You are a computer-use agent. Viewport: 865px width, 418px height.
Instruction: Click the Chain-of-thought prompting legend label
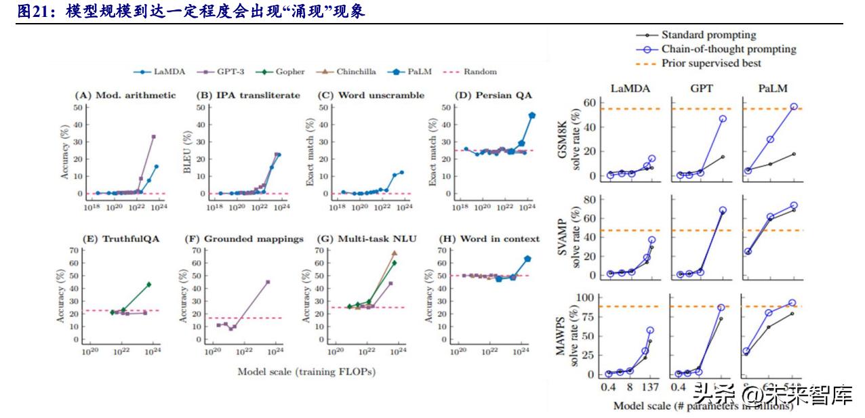pos(729,49)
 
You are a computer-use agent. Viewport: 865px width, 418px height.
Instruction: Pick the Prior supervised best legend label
pos(711,63)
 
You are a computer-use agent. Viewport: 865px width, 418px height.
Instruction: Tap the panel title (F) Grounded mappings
pos(243,238)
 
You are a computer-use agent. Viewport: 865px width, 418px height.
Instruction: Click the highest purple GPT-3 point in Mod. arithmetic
pos(153,137)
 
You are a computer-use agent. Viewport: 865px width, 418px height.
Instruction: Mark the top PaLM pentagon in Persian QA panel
pos(532,116)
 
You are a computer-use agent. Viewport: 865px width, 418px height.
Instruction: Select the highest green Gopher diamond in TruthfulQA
pos(148,285)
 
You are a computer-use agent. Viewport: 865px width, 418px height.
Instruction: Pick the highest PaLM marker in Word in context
pos(527,259)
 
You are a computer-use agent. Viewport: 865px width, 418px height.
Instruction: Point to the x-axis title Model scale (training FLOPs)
pos(306,371)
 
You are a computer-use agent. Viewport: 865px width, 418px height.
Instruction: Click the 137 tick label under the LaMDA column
pos(649,388)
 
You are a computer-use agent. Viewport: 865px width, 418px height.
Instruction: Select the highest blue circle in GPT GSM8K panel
pos(723,119)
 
